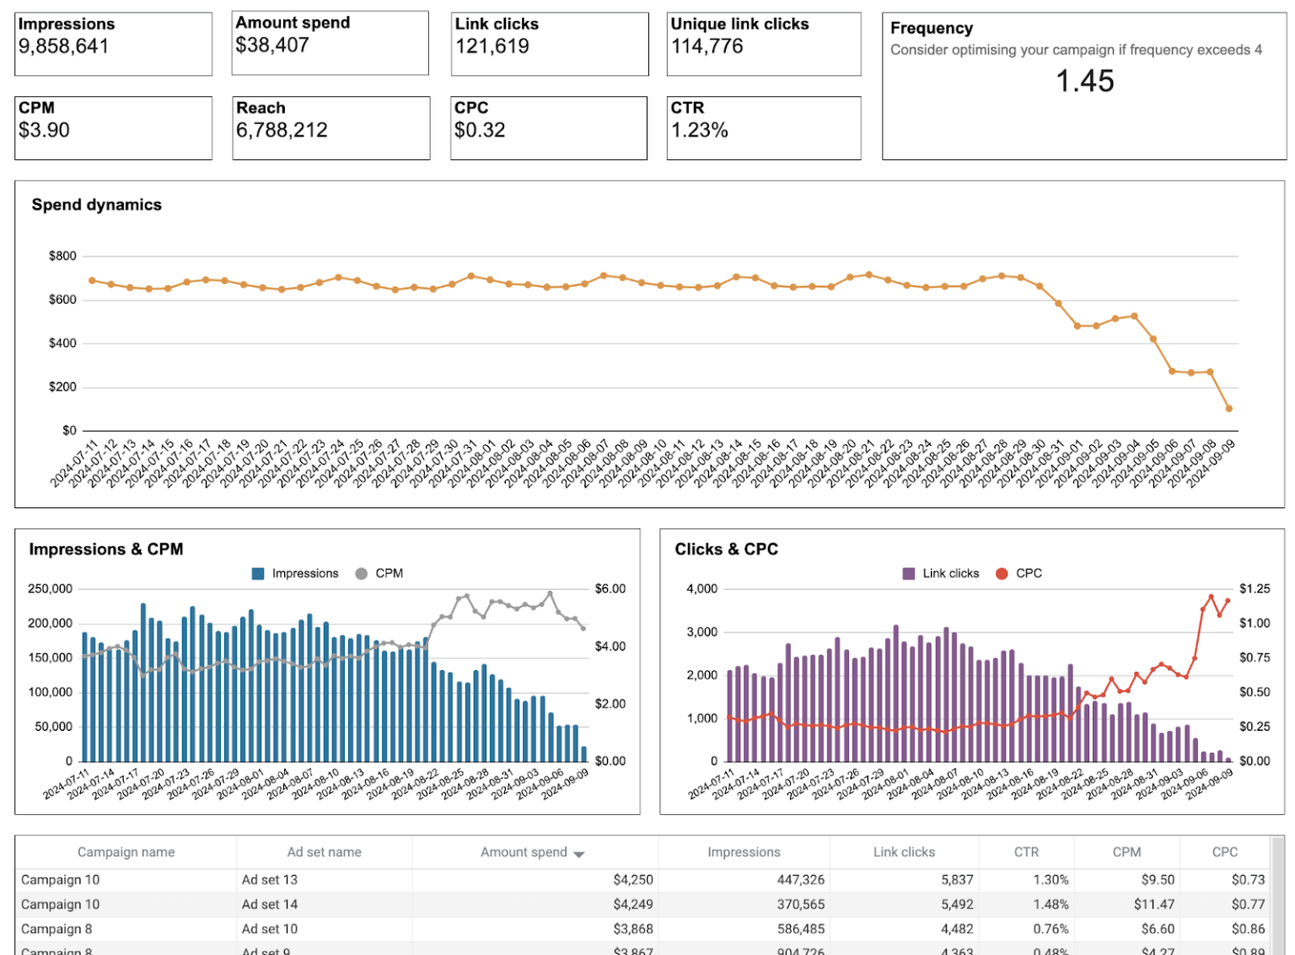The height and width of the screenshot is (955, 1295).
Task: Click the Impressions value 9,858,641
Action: coord(64,46)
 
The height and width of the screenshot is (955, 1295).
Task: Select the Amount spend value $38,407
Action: coord(272,46)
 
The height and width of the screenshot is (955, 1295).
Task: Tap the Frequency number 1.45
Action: coord(1084,81)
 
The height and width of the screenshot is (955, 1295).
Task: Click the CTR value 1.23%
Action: coord(699,131)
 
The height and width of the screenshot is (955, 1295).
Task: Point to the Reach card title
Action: coord(261,108)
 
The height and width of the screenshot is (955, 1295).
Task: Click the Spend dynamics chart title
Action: coord(96,205)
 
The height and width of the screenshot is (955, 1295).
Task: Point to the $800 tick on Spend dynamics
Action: coord(62,256)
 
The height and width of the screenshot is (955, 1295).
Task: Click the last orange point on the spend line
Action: coord(1228,409)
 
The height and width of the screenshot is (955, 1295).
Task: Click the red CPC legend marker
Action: coord(1002,573)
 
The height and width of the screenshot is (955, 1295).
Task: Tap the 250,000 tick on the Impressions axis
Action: coord(51,589)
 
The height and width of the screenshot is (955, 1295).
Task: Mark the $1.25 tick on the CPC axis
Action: coord(1254,589)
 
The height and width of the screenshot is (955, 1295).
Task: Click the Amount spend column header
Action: coord(524,852)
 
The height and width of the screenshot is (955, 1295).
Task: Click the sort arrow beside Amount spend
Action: coord(579,854)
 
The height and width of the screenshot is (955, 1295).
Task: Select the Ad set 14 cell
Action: coord(270,904)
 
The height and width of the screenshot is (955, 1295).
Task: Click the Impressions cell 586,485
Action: coord(800,929)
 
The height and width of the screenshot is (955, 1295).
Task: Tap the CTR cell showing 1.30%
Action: coord(1051,880)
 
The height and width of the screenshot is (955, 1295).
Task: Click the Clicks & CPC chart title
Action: coord(726,550)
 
